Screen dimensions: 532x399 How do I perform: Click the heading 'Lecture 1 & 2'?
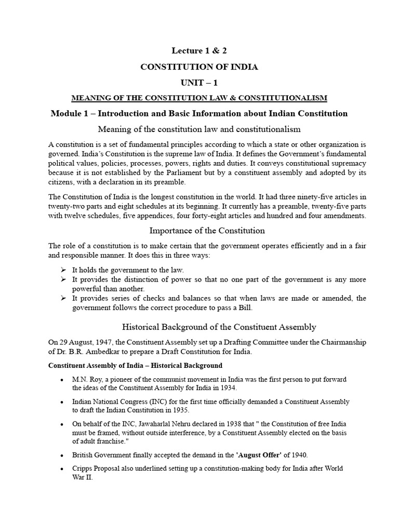199,50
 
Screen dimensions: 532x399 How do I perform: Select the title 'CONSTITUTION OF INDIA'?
199,66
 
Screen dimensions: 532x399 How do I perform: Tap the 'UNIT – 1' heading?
199,83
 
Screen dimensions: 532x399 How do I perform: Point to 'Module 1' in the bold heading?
69,113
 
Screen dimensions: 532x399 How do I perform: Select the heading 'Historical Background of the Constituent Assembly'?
219,327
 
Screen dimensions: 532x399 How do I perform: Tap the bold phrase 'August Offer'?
258,455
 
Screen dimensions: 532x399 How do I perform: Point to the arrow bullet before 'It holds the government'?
63,270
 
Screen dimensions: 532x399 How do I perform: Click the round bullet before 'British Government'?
62,455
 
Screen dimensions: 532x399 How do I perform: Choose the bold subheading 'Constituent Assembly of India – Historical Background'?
135,365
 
